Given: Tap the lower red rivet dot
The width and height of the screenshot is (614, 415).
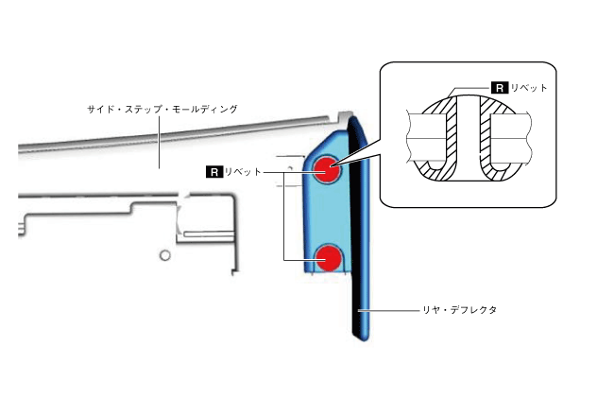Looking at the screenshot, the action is click(328, 256).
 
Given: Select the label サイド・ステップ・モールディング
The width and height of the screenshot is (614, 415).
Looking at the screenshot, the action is click(162, 110).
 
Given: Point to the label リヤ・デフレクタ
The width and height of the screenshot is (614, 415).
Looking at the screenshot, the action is click(460, 309).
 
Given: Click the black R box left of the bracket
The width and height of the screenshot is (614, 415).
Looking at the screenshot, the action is click(213, 172).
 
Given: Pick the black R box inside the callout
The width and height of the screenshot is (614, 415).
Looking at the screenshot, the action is click(500, 87).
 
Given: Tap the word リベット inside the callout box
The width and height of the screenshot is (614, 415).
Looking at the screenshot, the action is click(530, 87).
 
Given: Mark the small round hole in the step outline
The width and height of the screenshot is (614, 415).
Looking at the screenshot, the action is click(164, 255).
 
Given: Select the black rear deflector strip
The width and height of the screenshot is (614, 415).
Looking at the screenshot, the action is click(361, 236).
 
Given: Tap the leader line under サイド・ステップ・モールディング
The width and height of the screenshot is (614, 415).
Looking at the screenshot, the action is click(160, 142).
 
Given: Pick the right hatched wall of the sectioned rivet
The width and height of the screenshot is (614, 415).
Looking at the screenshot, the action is click(487, 142).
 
